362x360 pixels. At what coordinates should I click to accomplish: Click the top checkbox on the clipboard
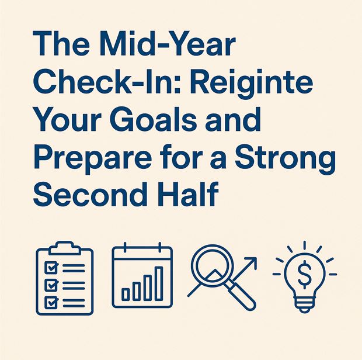click(x=51, y=268)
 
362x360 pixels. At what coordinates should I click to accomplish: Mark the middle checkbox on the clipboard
click(x=51, y=285)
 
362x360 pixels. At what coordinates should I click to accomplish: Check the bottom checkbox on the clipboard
click(x=51, y=302)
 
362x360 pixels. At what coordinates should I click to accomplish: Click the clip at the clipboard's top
click(x=65, y=247)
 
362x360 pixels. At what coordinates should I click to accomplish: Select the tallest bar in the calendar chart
click(x=159, y=283)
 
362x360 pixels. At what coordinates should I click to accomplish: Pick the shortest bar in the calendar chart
click(x=126, y=294)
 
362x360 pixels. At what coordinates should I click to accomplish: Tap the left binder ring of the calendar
click(x=125, y=247)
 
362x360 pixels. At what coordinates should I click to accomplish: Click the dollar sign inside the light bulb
click(x=304, y=274)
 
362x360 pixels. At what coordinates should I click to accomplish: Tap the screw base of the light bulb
click(x=304, y=303)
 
